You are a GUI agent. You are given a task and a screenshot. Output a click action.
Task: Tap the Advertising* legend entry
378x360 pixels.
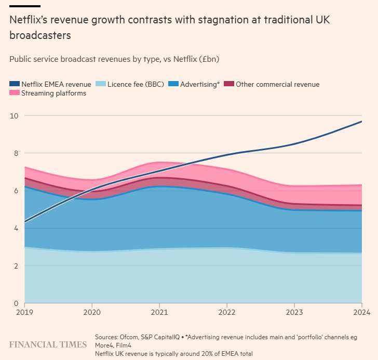(200, 84)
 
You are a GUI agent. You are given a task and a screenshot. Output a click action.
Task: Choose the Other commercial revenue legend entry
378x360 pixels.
(277, 84)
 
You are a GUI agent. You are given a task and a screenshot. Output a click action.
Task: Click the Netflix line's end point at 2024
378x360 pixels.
(361, 122)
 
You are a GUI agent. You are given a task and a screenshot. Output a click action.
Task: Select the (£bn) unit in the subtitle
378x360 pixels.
(208, 59)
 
